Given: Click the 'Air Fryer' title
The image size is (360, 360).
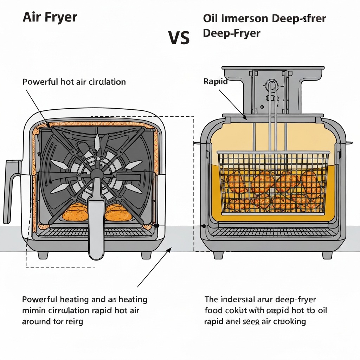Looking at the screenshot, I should [50, 18].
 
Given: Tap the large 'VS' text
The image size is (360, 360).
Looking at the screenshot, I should [179, 38].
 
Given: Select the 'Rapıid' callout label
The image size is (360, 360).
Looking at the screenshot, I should [216, 82].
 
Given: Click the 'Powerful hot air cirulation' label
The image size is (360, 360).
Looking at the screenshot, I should [74, 82].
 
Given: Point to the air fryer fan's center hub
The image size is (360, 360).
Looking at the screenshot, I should [96, 174].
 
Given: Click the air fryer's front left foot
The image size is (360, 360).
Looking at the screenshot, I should [43, 255].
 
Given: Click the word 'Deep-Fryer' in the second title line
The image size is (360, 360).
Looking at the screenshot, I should [232, 33].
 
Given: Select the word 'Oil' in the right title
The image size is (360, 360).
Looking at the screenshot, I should [210, 18].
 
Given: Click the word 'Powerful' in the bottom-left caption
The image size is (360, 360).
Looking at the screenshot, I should [39, 300].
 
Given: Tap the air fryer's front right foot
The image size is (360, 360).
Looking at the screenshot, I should [147, 255].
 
